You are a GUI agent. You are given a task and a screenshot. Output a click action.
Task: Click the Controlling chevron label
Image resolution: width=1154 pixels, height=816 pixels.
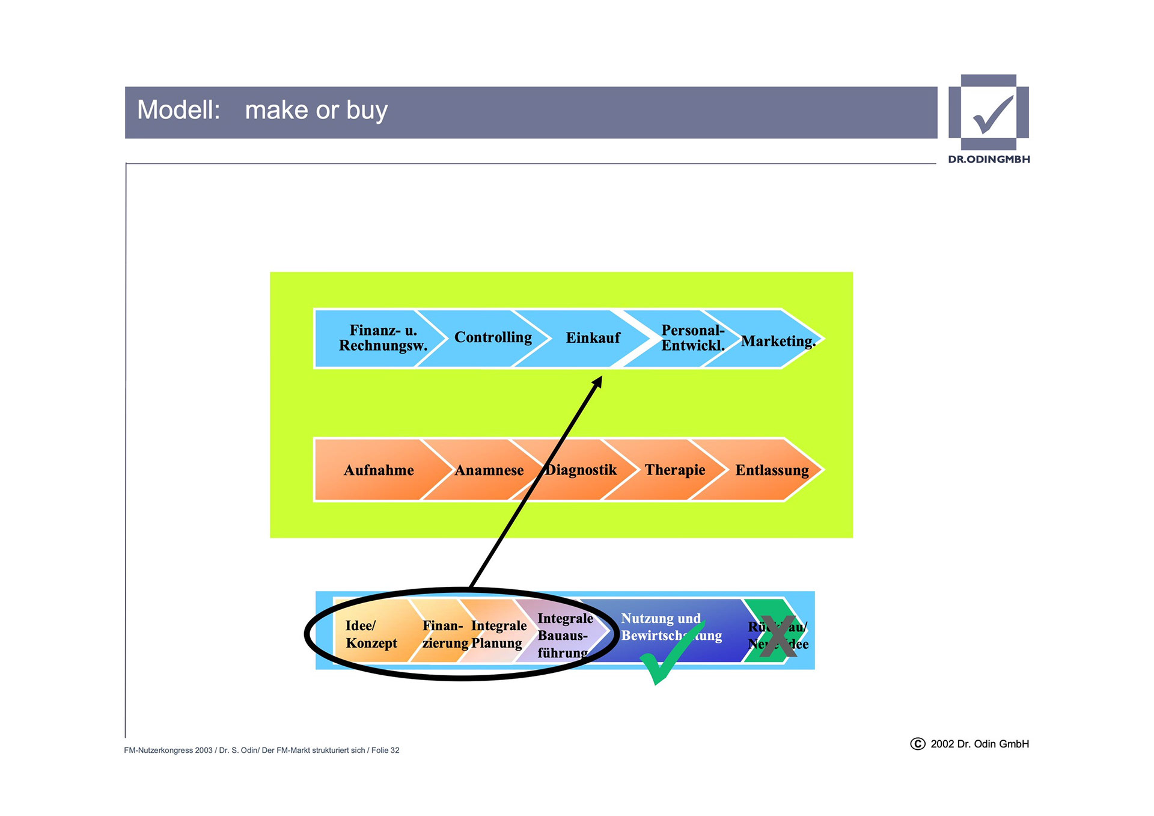493,337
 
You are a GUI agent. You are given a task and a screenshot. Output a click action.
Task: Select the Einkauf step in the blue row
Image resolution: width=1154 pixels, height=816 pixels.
593,338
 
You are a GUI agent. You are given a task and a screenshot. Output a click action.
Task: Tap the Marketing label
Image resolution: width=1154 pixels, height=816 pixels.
778,341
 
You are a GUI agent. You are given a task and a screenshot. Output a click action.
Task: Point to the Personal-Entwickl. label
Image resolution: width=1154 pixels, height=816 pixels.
692,338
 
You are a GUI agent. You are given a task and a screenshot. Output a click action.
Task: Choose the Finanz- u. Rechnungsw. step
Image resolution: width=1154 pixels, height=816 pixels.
383,338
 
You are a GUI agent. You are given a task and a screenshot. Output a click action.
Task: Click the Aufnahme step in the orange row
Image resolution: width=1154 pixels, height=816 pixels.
379,470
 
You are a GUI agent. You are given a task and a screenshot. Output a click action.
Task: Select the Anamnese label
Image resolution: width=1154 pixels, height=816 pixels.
489,470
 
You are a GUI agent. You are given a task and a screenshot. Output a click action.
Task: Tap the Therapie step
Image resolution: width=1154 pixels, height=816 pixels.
675,470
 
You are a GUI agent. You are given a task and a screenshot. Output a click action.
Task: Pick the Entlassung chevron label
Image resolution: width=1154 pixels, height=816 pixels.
772,470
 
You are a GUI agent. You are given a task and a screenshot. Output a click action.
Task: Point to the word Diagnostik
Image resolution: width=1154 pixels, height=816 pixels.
581,470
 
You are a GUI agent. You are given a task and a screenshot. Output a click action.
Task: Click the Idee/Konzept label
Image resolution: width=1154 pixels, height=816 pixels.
371,634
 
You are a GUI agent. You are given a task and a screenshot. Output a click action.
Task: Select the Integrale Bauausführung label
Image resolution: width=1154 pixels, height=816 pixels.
564,636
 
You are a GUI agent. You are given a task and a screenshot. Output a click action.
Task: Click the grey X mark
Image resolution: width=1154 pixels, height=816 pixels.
778,635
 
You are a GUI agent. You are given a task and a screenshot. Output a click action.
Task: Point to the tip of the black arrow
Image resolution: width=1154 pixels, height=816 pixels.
600,378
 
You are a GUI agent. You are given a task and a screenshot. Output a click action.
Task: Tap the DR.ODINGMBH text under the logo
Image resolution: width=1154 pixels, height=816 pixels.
989,159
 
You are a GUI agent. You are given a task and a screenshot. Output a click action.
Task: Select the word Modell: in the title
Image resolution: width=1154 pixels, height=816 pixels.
179,110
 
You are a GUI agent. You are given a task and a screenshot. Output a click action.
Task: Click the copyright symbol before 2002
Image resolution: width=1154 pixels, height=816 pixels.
917,744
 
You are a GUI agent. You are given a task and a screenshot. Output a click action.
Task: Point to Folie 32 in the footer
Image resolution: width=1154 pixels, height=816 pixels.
385,750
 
